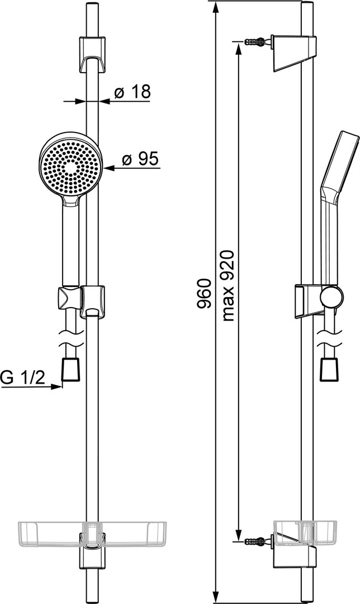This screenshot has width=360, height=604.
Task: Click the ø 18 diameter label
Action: tap(132, 92)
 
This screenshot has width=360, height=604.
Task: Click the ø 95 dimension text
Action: tap(140, 159)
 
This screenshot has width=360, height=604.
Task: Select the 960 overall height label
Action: tap(204, 293)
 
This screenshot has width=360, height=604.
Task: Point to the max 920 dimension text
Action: tap(228, 286)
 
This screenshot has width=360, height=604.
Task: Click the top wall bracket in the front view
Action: tap(92, 54)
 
